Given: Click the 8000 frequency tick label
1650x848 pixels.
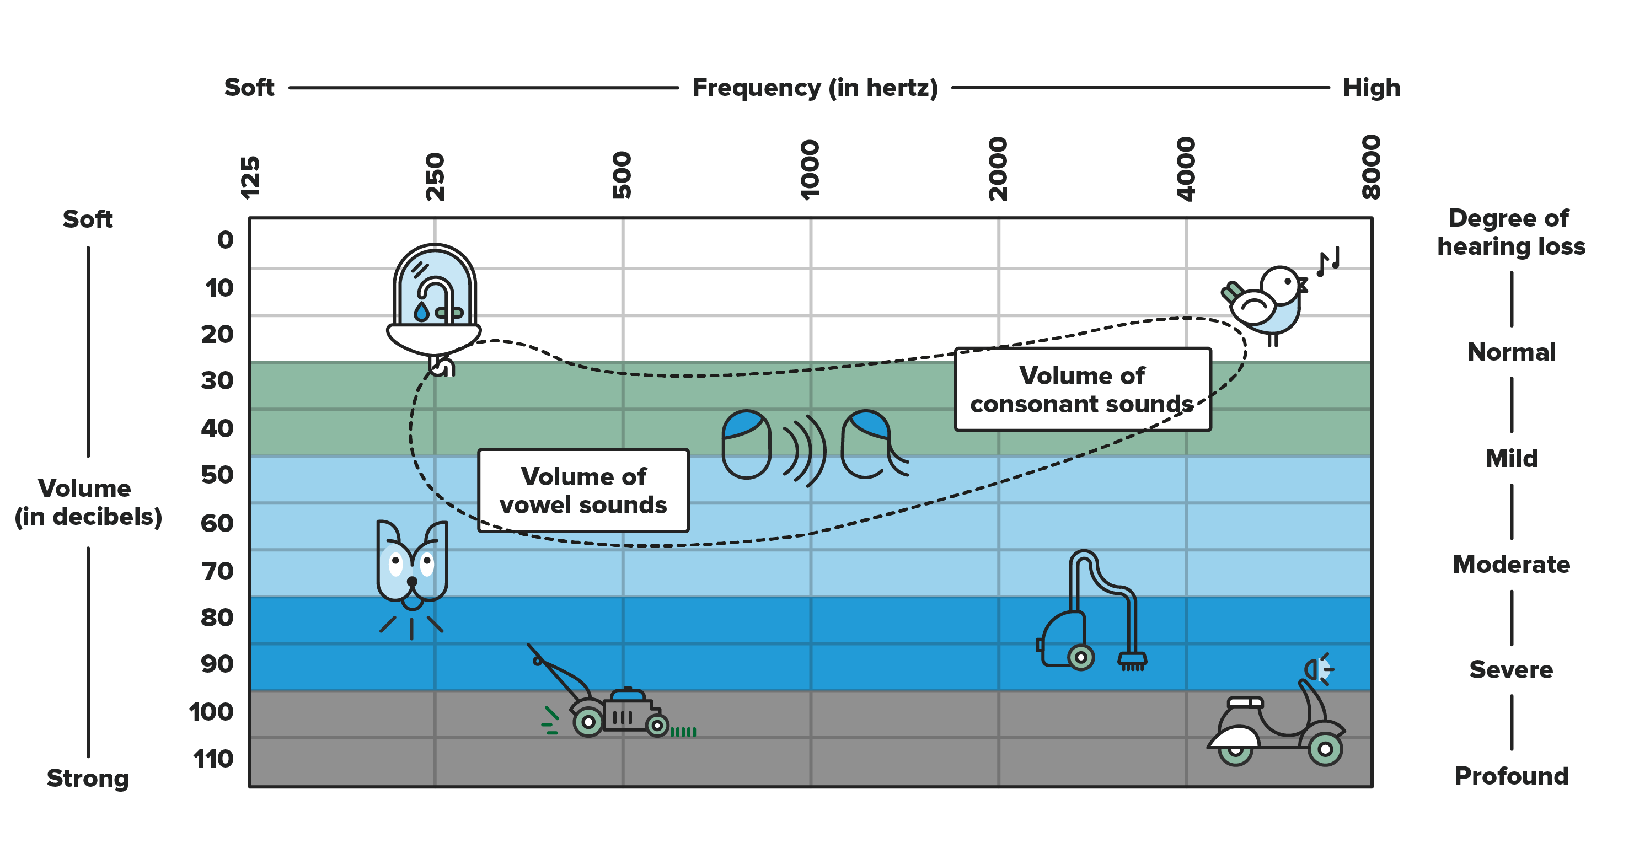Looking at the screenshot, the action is [x=1371, y=167].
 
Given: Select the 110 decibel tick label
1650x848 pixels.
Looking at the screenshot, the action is [x=213, y=759].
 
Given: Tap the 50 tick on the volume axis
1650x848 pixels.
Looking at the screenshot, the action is [x=217, y=475].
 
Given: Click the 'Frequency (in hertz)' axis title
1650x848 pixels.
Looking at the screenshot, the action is [x=815, y=88].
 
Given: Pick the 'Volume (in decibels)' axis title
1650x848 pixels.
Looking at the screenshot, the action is [x=88, y=502].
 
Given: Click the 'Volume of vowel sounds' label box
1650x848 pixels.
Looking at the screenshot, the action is [x=583, y=491].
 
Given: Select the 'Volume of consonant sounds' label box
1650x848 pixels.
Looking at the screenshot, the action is [x=1083, y=389].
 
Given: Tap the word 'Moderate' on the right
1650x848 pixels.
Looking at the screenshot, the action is [x=1511, y=564].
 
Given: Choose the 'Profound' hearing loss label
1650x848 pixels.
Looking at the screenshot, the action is [x=1511, y=776].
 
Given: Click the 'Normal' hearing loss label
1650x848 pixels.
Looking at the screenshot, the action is [x=1511, y=352].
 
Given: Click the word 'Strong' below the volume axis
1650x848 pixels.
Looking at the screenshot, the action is [x=88, y=778].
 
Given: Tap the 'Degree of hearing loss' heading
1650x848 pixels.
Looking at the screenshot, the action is [x=1511, y=232].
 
